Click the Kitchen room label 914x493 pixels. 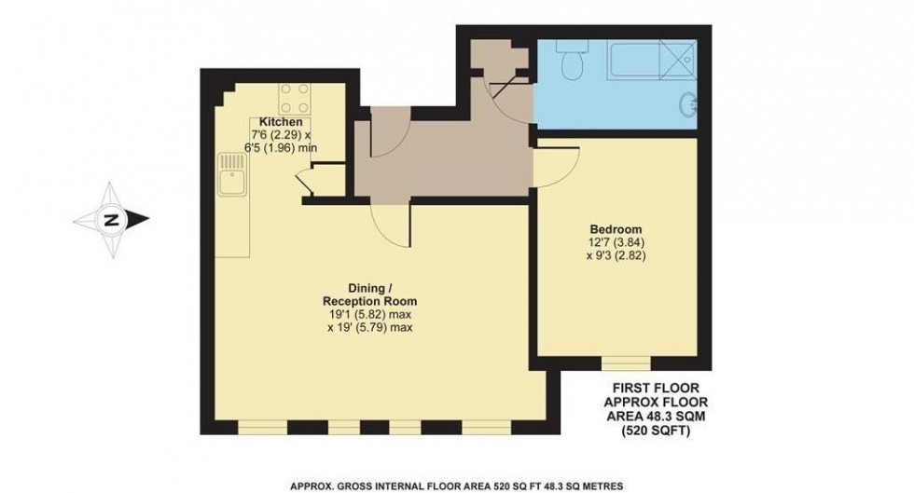coord(280,123)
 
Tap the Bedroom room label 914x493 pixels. coord(614,229)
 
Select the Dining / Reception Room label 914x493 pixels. coord(368,294)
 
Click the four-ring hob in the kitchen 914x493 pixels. coord(296,97)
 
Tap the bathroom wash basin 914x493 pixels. coord(689,104)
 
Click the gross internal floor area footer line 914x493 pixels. coord(456,486)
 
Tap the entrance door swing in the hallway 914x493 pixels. coord(387,135)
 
